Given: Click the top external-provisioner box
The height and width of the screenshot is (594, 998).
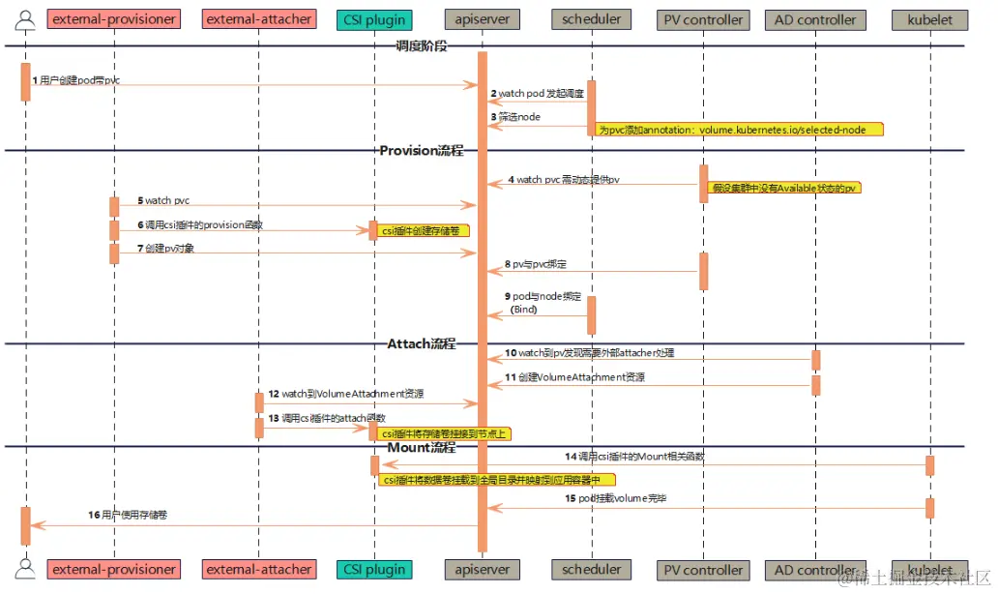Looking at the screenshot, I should [x=114, y=19].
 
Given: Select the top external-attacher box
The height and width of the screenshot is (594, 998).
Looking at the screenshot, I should [x=259, y=19].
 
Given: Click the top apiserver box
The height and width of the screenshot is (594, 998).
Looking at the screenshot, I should [x=483, y=19].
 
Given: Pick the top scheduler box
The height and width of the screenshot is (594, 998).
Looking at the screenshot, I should [x=591, y=19].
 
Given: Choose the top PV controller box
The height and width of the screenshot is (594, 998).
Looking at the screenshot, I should [x=704, y=19].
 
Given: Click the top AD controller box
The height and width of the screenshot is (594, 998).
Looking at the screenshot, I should [x=815, y=19].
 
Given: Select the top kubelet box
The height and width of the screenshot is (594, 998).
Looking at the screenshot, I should [x=930, y=19].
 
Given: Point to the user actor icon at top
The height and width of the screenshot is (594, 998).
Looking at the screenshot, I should [x=25, y=17].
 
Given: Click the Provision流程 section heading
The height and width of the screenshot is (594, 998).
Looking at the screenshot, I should [x=422, y=150].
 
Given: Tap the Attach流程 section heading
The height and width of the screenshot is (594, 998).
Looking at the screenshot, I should [x=422, y=343].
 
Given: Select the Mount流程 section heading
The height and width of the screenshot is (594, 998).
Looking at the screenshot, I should [x=422, y=447].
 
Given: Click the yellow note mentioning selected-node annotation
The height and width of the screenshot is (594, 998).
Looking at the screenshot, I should [x=740, y=129].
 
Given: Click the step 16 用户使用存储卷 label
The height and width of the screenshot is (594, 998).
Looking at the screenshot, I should [x=128, y=516].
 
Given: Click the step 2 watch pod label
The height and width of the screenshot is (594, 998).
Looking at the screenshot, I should [x=537, y=94].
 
